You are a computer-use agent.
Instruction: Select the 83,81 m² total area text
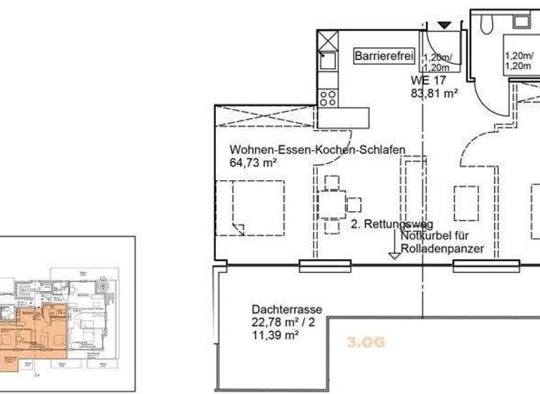[435, 91]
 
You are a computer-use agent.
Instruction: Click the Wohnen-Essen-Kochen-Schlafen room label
[316, 150]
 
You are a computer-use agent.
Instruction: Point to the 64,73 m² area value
[253, 163]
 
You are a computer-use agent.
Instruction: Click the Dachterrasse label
[286, 309]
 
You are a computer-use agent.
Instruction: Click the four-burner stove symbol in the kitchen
[328, 96]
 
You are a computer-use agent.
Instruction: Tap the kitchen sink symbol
[328, 62]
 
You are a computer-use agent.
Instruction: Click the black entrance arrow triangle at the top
[444, 25]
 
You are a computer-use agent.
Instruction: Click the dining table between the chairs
[330, 205]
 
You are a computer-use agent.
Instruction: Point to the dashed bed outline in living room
[250, 208]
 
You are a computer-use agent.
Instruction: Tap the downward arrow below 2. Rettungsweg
[394, 255]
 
